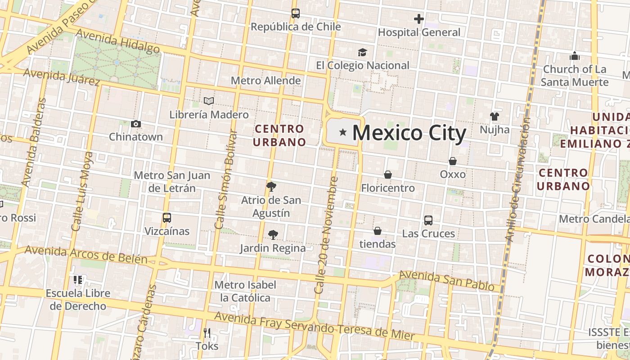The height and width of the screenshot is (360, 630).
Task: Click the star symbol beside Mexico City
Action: [x=343, y=132]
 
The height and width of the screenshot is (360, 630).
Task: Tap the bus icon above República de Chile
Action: [x=295, y=13]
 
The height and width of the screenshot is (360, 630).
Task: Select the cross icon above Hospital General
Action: [x=419, y=19]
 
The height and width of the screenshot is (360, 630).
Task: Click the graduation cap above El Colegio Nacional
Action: [x=362, y=53]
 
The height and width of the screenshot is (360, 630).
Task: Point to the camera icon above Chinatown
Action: [x=135, y=124]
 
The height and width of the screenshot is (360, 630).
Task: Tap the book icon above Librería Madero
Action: [x=208, y=101]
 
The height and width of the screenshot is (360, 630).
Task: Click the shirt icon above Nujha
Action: [x=495, y=117]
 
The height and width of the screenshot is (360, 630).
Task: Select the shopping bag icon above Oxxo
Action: [x=453, y=161]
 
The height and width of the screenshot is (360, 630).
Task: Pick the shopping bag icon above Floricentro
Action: [x=388, y=175]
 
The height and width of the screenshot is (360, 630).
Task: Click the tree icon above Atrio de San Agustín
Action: [x=271, y=186]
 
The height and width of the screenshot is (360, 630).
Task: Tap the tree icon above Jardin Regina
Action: [x=273, y=234]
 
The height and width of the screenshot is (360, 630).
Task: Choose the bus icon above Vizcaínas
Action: [x=167, y=218]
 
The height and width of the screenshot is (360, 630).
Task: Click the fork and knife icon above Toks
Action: [x=207, y=333]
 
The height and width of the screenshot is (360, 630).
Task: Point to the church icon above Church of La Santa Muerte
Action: [x=575, y=56]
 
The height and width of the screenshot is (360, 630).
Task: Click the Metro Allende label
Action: [x=265, y=81]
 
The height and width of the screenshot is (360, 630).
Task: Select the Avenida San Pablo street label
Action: [x=446, y=280]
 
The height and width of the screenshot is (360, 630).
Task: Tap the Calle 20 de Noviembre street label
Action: [x=327, y=235]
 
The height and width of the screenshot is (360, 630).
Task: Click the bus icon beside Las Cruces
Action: [x=428, y=220]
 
